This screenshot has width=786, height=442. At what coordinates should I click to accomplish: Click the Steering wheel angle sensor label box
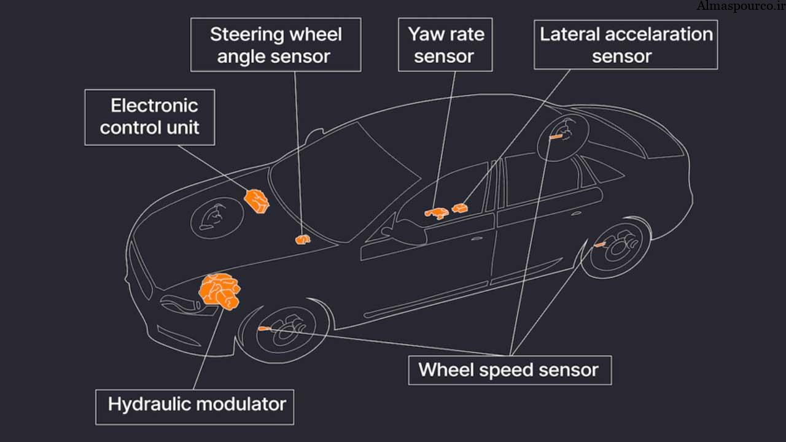276,45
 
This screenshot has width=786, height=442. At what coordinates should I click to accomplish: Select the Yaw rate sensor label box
445,45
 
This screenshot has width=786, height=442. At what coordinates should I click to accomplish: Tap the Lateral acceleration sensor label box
625,45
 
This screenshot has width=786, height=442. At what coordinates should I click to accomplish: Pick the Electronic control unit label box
149,117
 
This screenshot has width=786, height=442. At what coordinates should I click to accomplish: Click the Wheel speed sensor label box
509,370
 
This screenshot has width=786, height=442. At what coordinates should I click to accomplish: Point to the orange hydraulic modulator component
219,291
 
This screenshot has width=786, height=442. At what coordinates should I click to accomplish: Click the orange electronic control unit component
257,200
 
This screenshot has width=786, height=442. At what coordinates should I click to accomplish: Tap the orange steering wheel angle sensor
302,239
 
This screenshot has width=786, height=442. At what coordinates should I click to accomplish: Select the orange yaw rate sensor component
437,213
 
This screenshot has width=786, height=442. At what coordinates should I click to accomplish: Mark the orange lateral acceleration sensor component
460,208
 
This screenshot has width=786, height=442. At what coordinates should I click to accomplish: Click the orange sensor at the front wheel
265,329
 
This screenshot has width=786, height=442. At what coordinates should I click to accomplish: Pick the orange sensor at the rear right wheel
599,245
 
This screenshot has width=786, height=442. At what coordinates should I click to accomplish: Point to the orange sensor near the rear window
556,137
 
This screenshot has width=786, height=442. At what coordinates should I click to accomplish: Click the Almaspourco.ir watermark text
739,7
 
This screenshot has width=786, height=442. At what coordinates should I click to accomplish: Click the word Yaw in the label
424,34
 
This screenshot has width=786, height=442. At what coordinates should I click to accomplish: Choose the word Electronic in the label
154,106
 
